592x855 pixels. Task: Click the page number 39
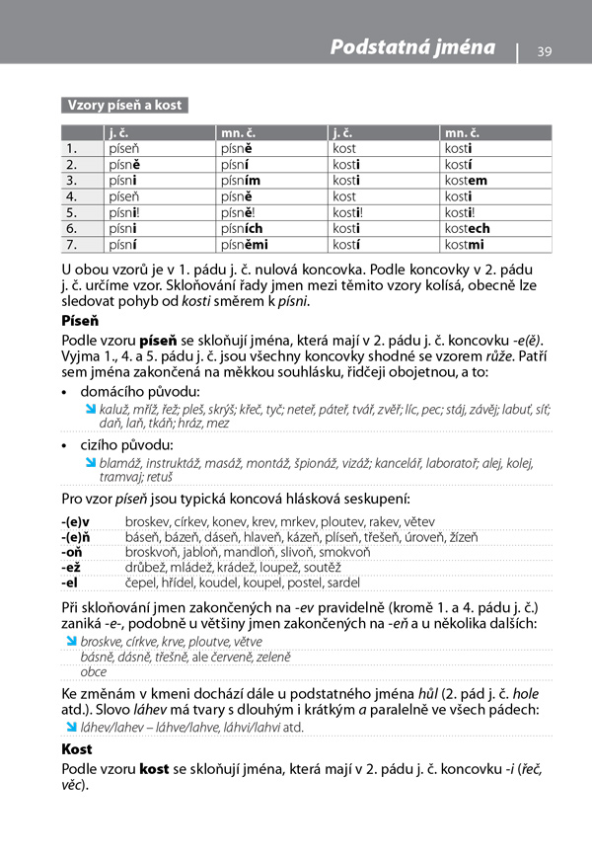545,51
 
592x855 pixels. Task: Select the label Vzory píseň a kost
123,105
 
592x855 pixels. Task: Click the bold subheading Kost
77,749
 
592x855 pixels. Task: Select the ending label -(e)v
76,520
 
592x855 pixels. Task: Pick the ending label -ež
71,568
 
